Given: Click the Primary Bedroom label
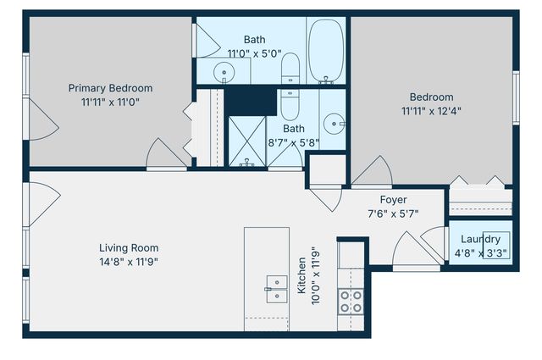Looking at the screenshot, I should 110,88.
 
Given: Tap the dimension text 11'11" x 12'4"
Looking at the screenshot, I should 432,110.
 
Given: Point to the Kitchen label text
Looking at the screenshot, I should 301,276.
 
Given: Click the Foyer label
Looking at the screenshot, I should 393,200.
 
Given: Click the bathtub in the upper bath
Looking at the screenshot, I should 325,50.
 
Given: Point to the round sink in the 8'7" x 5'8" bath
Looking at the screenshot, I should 334,120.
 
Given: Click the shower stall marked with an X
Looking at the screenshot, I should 246,140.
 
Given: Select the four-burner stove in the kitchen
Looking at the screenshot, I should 351,301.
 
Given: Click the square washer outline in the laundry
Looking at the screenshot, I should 496,245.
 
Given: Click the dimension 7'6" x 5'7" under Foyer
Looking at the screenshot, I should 393,213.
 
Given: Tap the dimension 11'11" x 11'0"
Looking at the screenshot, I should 110,102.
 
